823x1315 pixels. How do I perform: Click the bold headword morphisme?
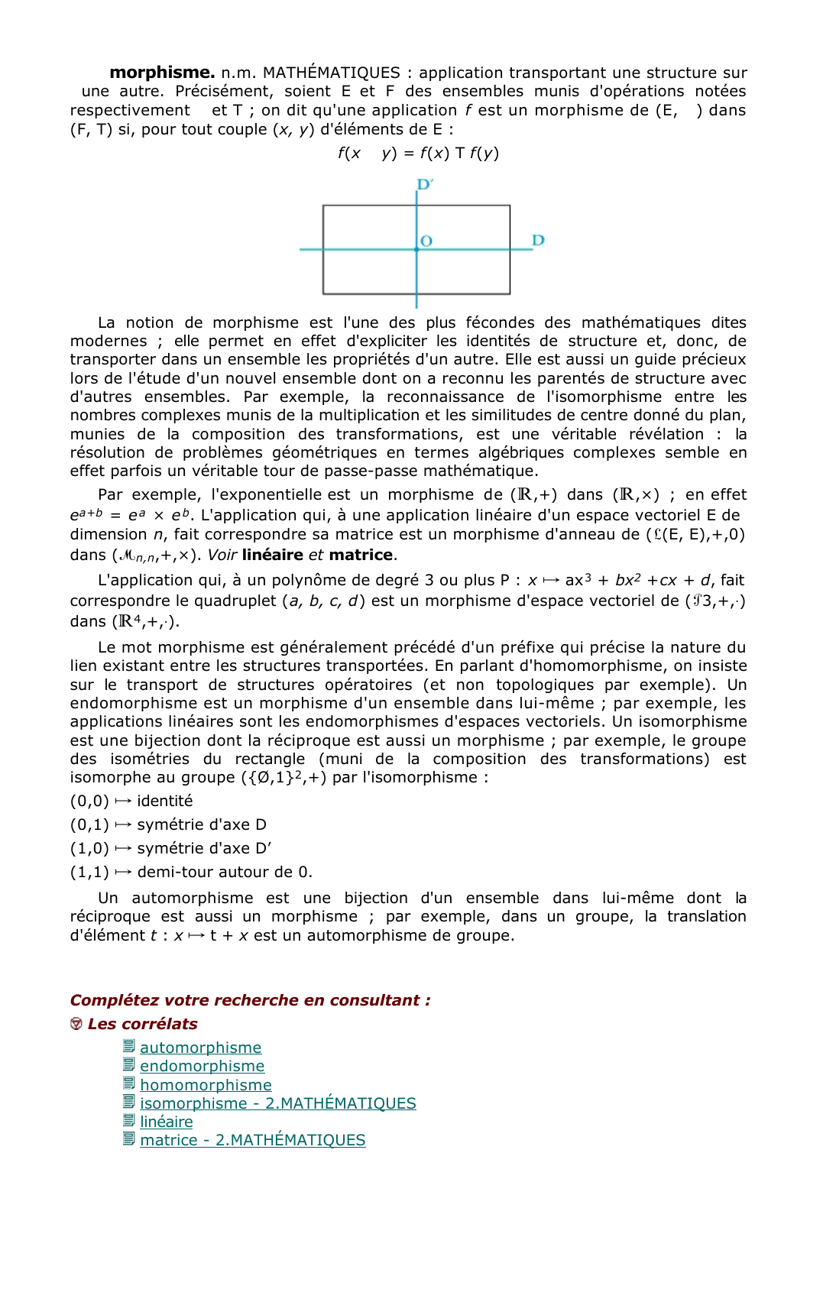(x=161, y=73)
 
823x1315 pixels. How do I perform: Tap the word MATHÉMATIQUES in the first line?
(x=331, y=73)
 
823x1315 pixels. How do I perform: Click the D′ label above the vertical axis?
(x=425, y=184)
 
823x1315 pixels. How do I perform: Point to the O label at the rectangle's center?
(x=426, y=241)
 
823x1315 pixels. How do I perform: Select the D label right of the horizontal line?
(x=538, y=240)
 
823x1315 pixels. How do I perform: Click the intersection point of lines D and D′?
(x=416, y=249)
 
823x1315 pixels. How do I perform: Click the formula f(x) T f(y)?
(x=459, y=153)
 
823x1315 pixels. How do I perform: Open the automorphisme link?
(x=200, y=1048)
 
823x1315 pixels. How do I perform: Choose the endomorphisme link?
(x=202, y=1066)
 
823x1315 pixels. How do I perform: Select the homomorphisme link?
(x=206, y=1085)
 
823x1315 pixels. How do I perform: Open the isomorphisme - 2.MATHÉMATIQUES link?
(x=277, y=1103)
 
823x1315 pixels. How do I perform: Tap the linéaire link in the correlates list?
(x=166, y=1122)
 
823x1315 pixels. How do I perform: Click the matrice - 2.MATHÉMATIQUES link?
(x=252, y=1140)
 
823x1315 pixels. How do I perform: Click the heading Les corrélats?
(x=142, y=1024)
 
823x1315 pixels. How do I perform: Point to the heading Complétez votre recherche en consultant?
(x=250, y=1000)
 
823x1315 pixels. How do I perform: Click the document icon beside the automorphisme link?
(x=129, y=1047)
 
